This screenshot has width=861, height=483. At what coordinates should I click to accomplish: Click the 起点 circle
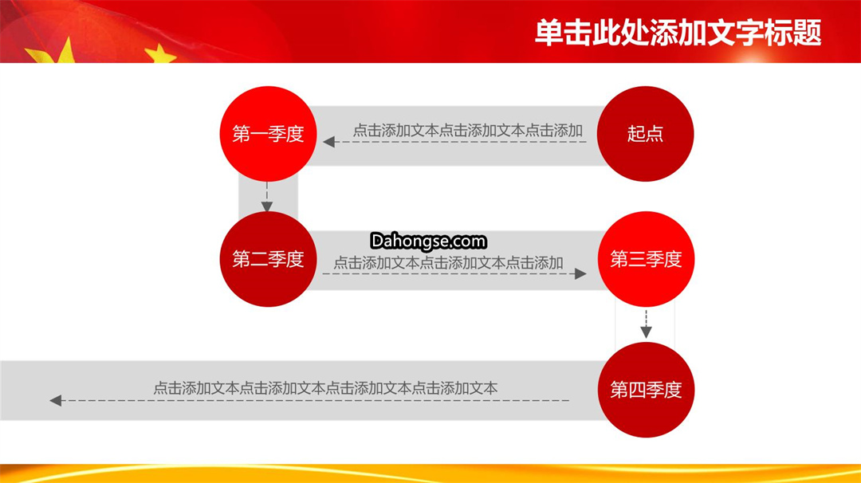click(x=645, y=134)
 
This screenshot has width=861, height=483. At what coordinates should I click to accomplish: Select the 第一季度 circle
click(x=268, y=134)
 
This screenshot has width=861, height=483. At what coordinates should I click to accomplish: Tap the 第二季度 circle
click(x=268, y=259)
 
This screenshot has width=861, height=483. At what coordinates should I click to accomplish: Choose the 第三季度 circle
click(x=646, y=259)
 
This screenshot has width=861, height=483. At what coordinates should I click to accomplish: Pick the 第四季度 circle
click(x=646, y=390)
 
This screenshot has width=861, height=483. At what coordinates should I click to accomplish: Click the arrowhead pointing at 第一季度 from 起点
click(x=329, y=142)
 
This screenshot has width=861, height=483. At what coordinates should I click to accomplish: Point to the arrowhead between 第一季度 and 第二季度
click(x=267, y=206)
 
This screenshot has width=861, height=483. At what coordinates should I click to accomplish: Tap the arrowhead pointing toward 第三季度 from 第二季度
click(x=580, y=274)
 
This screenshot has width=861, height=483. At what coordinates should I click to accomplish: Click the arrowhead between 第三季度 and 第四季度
click(x=647, y=332)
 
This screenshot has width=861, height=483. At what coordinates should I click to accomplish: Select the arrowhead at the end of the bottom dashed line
click(x=56, y=401)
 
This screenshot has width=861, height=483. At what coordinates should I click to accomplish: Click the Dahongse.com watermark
click(x=428, y=241)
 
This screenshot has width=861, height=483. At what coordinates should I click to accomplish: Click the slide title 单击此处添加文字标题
click(x=678, y=33)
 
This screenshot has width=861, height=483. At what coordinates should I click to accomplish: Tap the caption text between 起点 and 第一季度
click(x=467, y=131)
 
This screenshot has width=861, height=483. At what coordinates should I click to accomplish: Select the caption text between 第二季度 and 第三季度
click(x=448, y=263)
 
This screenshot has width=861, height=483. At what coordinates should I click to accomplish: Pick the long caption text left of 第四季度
click(x=325, y=389)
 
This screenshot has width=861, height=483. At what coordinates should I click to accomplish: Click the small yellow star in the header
click(x=159, y=54)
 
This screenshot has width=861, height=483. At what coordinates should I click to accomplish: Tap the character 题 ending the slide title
click(x=807, y=33)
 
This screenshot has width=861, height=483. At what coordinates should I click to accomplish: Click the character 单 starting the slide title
click(x=548, y=33)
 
